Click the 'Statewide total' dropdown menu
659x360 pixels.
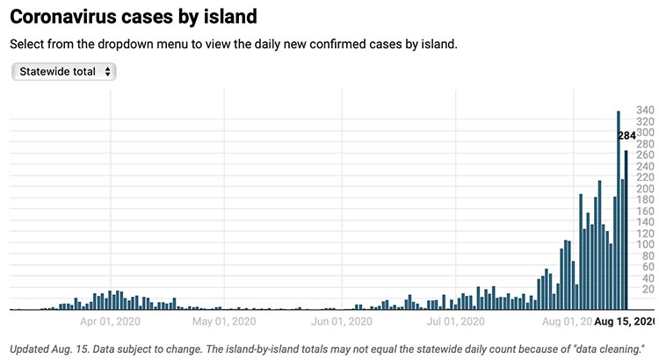(x=63, y=71)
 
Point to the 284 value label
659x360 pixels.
(x=626, y=136)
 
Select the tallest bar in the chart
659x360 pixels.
(x=619, y=211)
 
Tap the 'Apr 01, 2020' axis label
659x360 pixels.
(x=110, y=321)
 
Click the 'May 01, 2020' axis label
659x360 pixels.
(x=225, y=321)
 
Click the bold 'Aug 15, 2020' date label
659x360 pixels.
(x=625, y=321)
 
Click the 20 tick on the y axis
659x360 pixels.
(x=648, y=289)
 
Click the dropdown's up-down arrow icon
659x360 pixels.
(x=107, y=71)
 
